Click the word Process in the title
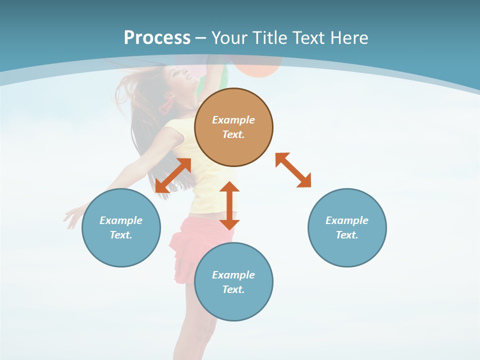click(x=157, y=37)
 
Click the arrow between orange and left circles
click(x=173, y=175)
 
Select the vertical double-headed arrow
click(x=229, y=205)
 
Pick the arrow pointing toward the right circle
click(x=293, y=170)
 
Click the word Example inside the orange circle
click(x=233, y=120)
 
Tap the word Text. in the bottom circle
click(x=233, y=289)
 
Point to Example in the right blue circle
click(x=347, y=220)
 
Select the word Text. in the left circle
click(x=121, y=235)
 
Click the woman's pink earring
click(x=164, y=105)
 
